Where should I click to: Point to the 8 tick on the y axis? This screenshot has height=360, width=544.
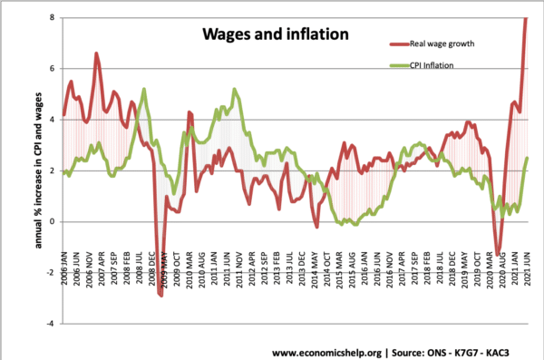tap(53, 17)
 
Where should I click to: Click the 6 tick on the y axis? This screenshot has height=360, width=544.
tap(53, 68)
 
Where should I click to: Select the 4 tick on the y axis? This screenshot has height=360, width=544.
tap(53, 119)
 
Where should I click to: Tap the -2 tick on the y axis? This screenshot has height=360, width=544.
tap(51, 272)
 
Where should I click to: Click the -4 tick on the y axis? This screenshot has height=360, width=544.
tap(51, 323)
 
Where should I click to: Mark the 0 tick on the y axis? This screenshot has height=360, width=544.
tap(53, 221)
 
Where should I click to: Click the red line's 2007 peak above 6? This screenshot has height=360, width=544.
tap(97, 54)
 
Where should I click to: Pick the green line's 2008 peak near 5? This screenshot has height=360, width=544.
tap(144, 89)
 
